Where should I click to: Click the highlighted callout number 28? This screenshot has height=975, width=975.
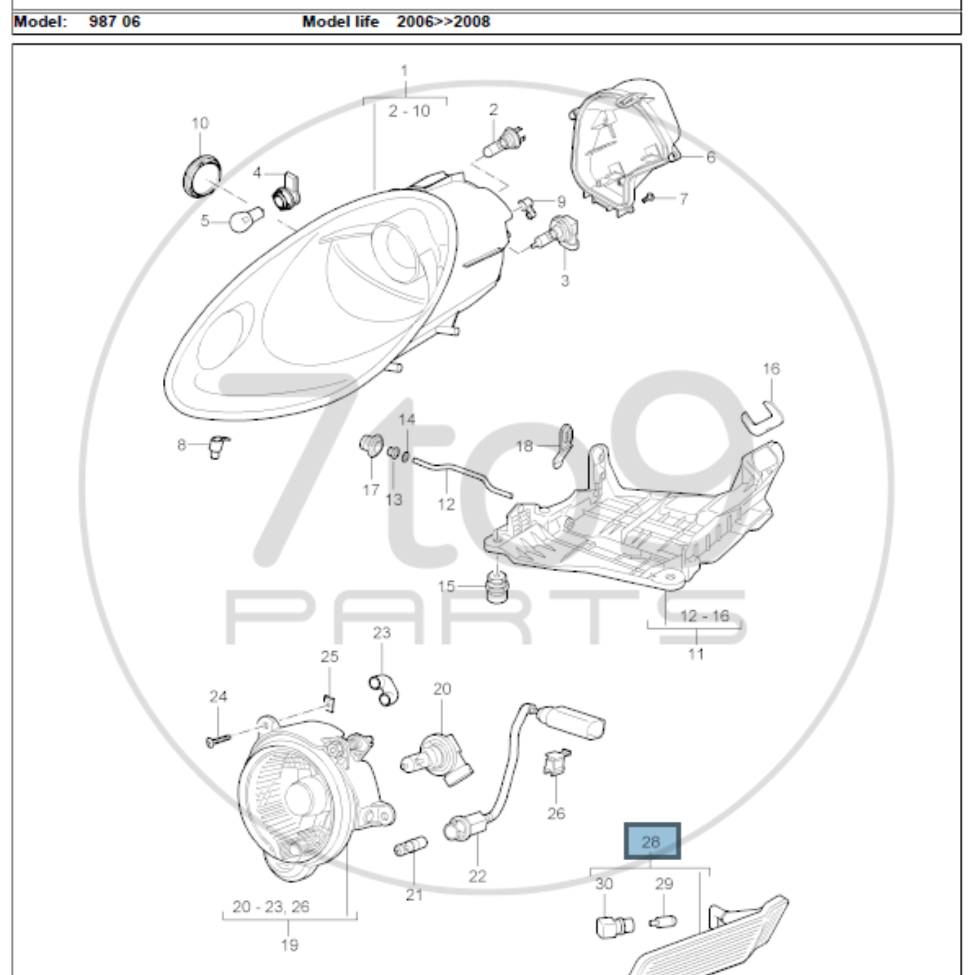pyautogui.click(x=652, y=841)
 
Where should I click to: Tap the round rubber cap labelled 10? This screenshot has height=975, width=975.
pyautogui.click(x=201, y=176)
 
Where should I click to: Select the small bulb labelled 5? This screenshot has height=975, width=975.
pyautogui.click(x=246, y=219)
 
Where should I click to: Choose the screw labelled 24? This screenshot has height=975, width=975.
pyautogui.click(x=218, y=741)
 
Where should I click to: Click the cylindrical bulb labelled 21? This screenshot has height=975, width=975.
pyautogui.click(x=410, y=846)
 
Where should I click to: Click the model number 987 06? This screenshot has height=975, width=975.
pyautogui.click(x=115, y=22)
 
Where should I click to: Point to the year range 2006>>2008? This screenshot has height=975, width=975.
pyautogui.click(x=443, y=22)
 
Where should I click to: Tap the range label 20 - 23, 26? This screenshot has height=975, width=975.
pyautogui.click(x=271, y=906)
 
